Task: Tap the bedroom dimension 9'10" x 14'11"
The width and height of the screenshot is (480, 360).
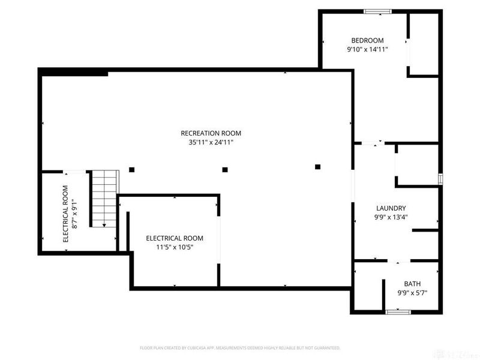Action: point(367,50)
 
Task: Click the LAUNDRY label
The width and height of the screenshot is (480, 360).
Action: point(390,208)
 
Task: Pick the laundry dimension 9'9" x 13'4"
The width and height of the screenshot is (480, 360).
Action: point(391,218)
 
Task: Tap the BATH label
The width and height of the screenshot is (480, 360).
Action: point(412,284)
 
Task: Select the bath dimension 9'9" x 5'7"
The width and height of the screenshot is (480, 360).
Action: point(412,293)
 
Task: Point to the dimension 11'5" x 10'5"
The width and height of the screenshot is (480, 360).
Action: point(174,247)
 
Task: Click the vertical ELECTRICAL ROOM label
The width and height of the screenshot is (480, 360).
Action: point(66,213)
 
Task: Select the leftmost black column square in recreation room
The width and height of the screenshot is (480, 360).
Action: point(131,169)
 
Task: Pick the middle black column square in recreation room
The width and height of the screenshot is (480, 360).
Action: point(225,169)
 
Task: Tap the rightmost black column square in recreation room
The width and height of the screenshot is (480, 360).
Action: point(318,167)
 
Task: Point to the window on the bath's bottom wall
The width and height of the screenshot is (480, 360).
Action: point(397,311)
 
